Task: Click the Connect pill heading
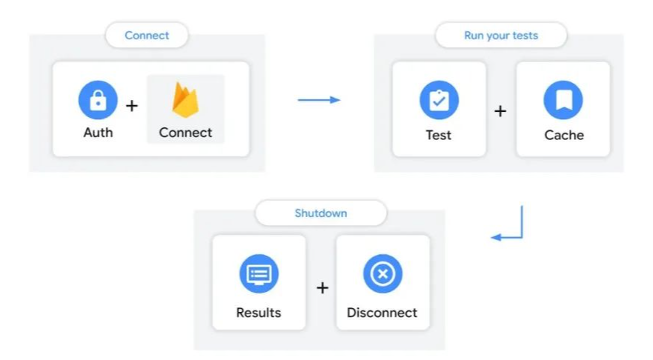147,35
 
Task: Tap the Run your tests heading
501,35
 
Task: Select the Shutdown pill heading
321,213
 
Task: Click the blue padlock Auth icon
98,100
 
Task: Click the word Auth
98,133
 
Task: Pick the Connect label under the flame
185,133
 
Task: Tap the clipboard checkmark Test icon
439,100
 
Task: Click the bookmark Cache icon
563,100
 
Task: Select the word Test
439,135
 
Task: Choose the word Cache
564,135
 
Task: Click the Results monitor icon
259,274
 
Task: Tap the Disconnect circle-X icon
382,274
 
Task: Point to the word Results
259,312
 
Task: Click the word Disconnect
382,312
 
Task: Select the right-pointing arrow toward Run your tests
319,99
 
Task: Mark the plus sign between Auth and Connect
132,105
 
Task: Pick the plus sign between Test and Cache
500,111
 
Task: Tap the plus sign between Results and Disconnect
322,287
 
